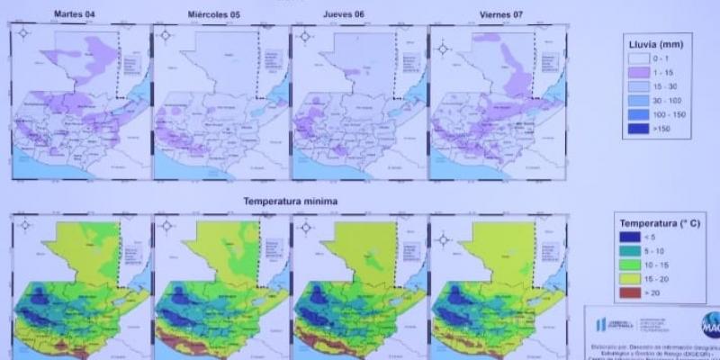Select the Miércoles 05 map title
point(213,15)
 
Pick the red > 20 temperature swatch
point(634,292)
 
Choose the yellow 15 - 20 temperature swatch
point(634,280)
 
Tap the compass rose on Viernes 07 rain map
point(441,36)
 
